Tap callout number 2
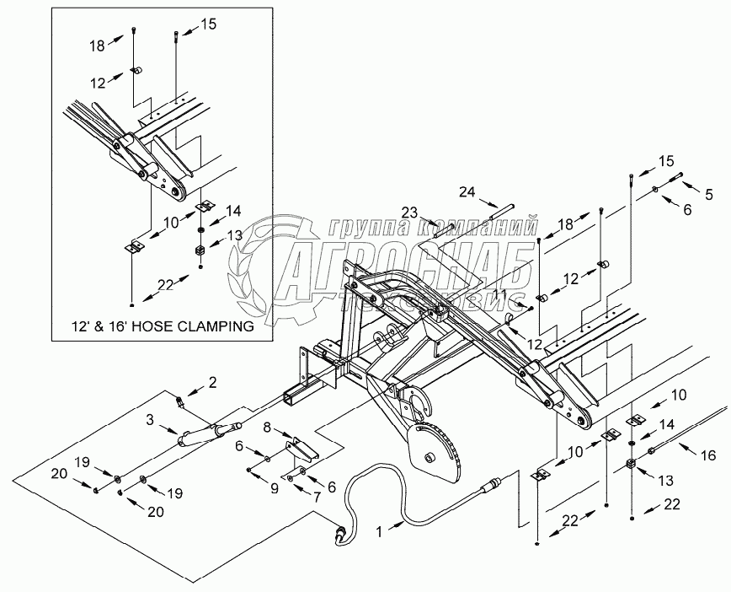[x=211, y=383]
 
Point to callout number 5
[x=709, y=195]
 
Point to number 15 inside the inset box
[x=208, y=24]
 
